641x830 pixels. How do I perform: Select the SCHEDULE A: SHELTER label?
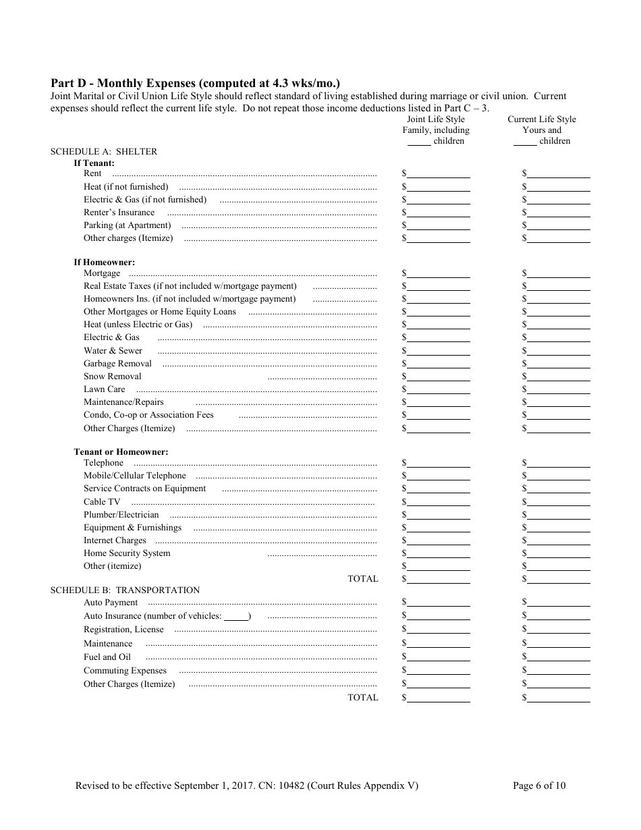tap(104, 152)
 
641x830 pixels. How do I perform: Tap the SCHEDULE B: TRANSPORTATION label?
tap(125, 590)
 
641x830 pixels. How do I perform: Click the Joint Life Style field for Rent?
tap(439, 173)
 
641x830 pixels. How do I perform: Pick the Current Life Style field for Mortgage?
tap(559, 273)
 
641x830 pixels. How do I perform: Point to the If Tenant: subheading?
tap(94, 163)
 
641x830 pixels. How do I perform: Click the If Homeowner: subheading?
tap(104, 262)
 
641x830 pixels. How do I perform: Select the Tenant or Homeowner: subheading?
tap(121, 452)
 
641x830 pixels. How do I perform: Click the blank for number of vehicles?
tap(236, 616)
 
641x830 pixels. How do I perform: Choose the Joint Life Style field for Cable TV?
tap(439, 501)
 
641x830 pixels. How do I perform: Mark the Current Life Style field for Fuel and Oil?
tap(559, 657)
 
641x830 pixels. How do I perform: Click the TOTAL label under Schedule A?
tap(362, 579)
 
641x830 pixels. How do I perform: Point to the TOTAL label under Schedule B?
tap(362, 698)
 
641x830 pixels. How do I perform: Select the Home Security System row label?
tap(127, 553)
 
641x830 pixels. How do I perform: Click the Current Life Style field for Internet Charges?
tap(559, 541)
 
